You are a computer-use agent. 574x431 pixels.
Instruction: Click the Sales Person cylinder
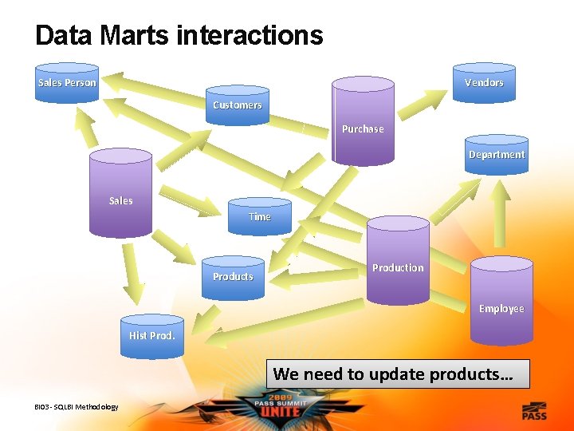tap(67, 83)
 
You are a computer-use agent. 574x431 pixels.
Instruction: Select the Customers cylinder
tap(237, 105)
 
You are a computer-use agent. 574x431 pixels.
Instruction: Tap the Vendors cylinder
tap(484, 83)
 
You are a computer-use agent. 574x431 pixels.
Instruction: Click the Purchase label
tap(363, 129)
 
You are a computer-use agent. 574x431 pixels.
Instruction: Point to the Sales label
tap(120, 200)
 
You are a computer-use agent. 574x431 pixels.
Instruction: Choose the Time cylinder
tap(260, 216)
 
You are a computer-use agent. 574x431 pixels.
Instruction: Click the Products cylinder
tap(233, 277)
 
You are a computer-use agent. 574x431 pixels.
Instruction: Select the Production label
tap(398, 267)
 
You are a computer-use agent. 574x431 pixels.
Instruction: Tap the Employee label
tap(501, 308)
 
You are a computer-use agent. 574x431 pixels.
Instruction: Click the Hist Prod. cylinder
tap(151, 335)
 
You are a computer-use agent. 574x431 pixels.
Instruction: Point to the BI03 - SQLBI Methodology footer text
tap(77, 407)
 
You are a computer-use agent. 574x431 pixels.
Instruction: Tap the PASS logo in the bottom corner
tap(534, 412)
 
